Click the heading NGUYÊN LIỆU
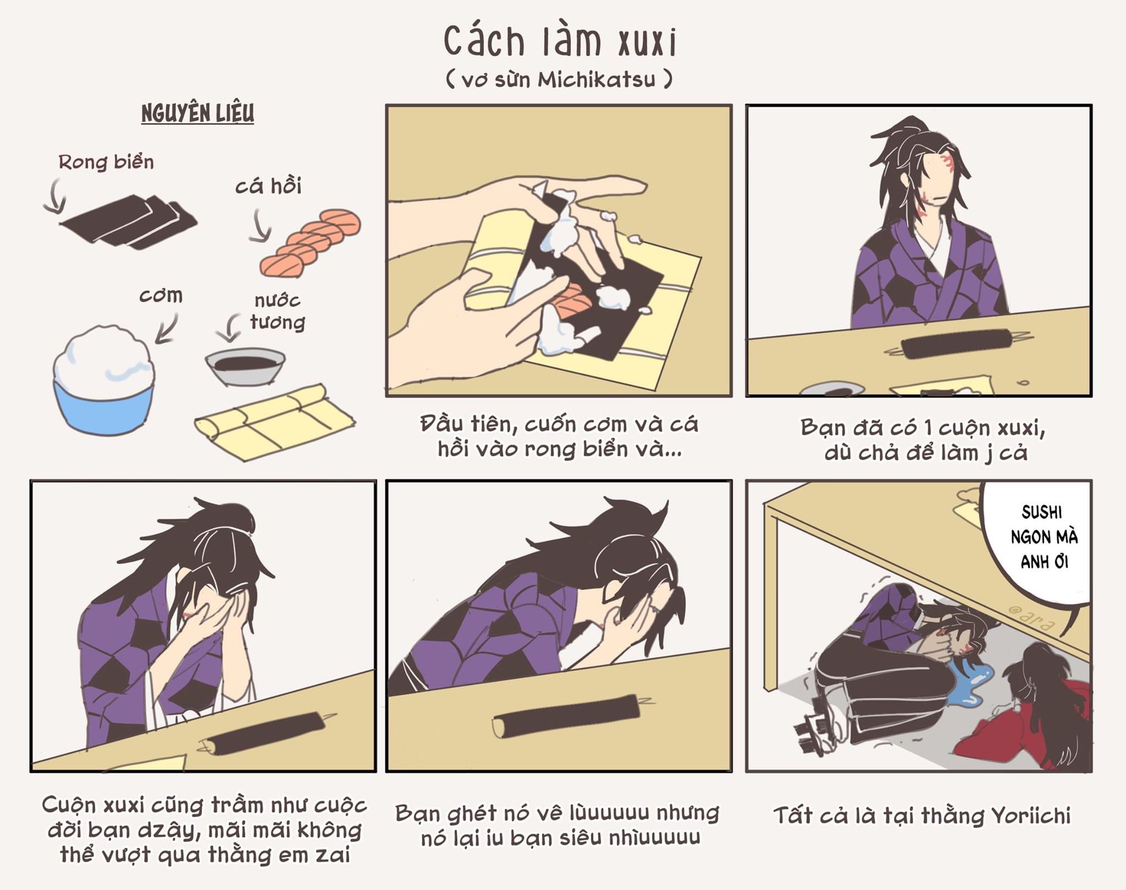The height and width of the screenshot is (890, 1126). coord(198,113)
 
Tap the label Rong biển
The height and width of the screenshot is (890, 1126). coord(106,162)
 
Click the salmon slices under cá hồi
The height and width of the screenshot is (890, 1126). coord(311,242)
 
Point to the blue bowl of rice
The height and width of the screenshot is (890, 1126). coord(103,380)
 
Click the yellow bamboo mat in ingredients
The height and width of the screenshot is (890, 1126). coord(274,422)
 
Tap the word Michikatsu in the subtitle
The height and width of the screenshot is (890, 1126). coord(596,79)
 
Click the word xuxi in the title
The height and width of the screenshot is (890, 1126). coord(647,42)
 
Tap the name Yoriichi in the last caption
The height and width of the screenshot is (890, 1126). coord(1030,816)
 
